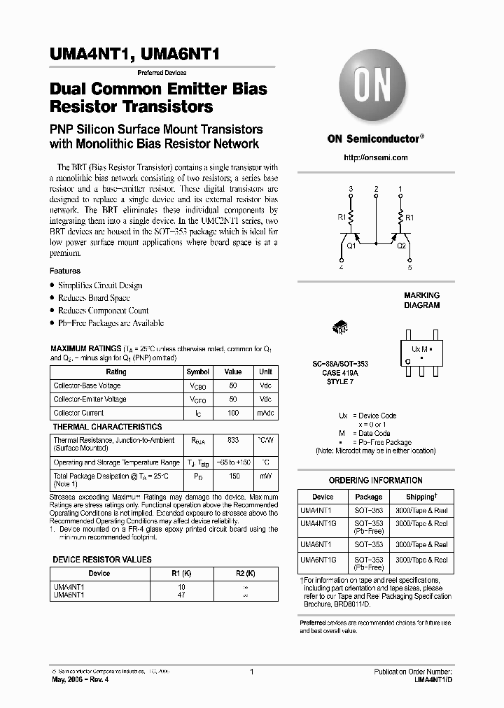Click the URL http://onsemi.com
coord(376,158)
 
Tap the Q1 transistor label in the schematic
coord(351,246)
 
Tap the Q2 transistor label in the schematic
coord(401,246)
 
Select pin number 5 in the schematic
coord(409,267)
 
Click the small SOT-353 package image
coord(340,327)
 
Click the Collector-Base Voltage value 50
coord(232,385)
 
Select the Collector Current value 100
coord(232,413)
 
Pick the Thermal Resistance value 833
coord(232,440)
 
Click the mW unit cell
coord(266,476)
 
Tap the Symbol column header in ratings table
coord(197,372)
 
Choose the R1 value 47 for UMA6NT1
coord(182,595)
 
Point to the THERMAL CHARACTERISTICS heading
coord(108,427)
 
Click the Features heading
coord(65,271)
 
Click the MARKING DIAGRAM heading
coord(421,300)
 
